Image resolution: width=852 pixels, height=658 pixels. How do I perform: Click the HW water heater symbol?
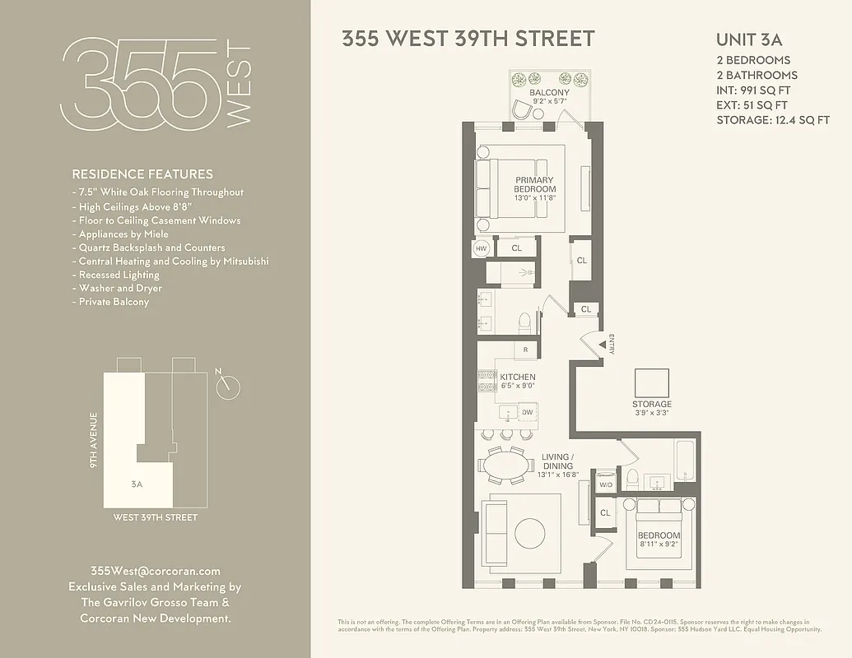pyautogui.click(x=481, y=247)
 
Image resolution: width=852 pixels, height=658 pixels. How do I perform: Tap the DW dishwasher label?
pyautogui.click(x=528, y=412)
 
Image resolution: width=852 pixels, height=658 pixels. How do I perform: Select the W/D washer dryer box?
pyautogui.click(x=606, y=485)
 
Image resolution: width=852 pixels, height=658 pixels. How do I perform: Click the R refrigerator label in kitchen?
pyautogui.click(x=525, y=350)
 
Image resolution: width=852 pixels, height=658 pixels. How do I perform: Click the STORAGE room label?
pyautogui.click(x=652, y=404)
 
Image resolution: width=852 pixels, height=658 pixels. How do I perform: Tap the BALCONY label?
pyautogui.click(x=549, y=93)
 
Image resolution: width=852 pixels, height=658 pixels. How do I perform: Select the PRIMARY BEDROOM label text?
pyautogui.click(x=535, y=185)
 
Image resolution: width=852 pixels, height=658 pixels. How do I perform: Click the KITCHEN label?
pyautogui.click(x=518, y=378)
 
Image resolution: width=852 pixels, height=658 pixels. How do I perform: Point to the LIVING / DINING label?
pyautogui.click(x=557, y=461)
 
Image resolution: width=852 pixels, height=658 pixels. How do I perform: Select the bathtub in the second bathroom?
pyautogui.click(x=685, y=461)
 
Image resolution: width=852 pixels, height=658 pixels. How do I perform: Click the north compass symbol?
pyautogui.click(x=229, y=387)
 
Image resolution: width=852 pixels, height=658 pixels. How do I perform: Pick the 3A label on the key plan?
pyautogui.click(x=137, y=484)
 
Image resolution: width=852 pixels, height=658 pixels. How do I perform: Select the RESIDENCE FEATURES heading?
pyautogui.click(x=142, y=174)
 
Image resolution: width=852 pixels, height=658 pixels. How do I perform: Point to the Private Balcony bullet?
pyautogui.click(x=114, y=302)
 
